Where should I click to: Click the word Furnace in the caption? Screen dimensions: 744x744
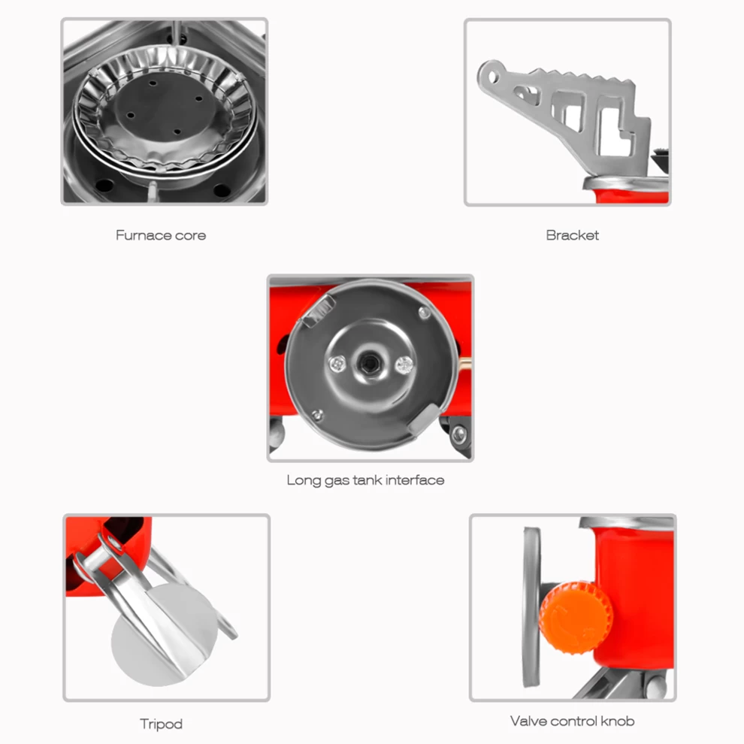pos(144,235)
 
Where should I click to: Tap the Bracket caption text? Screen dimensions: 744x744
pos(572,235)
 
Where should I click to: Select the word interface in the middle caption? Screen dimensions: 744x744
pos(415,480)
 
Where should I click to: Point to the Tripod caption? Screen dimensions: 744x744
pos(161,724)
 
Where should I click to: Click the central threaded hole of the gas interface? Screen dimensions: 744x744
pos(369,364)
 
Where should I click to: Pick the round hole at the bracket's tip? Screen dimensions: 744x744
pos(494,76)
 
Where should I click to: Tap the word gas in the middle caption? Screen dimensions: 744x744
pos(337,482)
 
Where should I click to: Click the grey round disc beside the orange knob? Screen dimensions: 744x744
pos(532,607)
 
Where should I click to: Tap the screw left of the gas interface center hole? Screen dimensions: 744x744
pos(337,364)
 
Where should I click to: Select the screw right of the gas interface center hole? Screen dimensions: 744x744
pos(404,365)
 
